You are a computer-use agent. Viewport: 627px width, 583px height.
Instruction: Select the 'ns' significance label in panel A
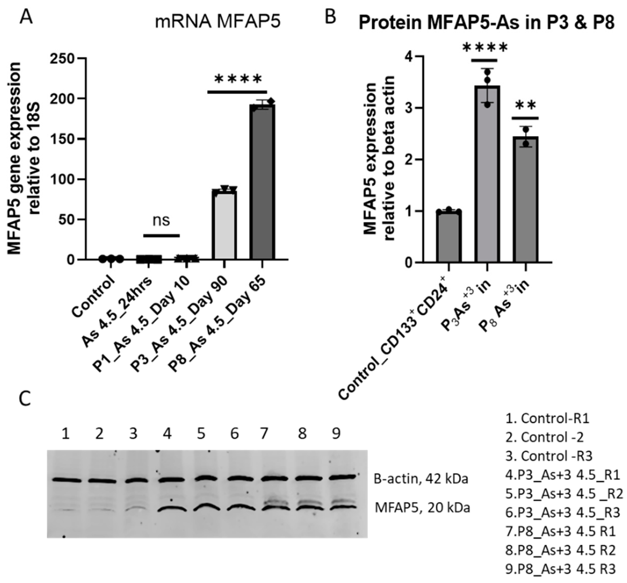point(161,221)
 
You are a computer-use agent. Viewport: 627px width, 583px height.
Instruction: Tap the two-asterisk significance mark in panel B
point(525,105)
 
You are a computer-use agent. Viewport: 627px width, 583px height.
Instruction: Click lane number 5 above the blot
point(201,434)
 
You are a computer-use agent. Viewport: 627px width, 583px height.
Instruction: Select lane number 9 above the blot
point(336,434)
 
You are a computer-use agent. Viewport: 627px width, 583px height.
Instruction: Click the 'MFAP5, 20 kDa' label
point(422,508)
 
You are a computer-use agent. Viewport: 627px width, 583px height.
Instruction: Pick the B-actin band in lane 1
point(67,480)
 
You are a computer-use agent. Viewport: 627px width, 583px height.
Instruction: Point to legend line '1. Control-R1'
point(547,418)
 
